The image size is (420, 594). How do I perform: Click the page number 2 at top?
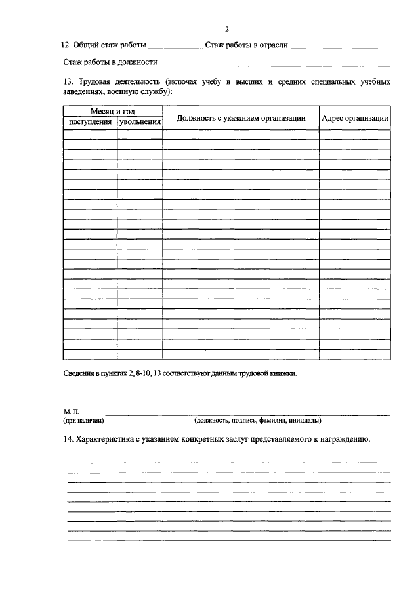226,29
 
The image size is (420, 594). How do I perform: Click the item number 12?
64,45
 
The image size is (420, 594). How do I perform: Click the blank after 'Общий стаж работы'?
175,47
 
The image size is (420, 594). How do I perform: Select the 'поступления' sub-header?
90,122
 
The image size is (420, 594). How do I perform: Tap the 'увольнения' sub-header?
140,122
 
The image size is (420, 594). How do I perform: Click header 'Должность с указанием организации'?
241,117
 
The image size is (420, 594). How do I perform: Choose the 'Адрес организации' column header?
355,117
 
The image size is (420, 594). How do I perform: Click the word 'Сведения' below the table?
78,373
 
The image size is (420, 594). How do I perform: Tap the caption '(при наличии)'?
83,420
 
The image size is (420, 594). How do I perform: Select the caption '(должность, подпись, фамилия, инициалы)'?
257,420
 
